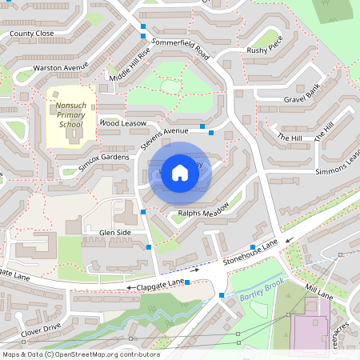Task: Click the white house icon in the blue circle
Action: (180, 172)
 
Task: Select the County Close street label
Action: (32, 34)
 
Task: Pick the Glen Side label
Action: (114, 232)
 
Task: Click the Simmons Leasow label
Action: (338, 164)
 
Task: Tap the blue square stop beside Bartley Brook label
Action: (222, 296)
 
